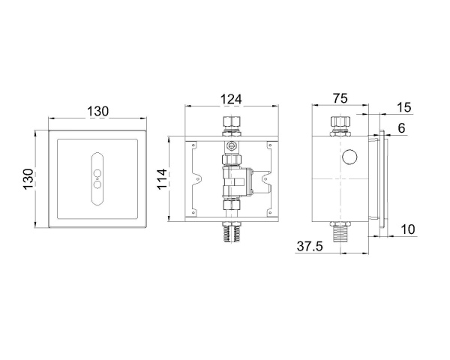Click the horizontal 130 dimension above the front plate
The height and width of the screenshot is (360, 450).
(x=97, y=112)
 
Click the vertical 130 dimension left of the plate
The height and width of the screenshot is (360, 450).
(x=28, y=179)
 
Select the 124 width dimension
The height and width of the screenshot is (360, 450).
(x=231, y=99)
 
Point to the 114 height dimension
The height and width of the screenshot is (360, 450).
(x=162, y=178)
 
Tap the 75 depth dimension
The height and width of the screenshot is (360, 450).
(x=340, y=98)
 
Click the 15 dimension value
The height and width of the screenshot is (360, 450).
(x=404, y=107)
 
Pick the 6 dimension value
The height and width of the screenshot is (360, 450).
(x=401, y=128)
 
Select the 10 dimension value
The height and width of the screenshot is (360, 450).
(x=408, y=229)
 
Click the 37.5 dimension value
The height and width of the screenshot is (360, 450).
(x=310, y=246)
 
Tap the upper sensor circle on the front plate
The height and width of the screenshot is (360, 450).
(x=97, y=173)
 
